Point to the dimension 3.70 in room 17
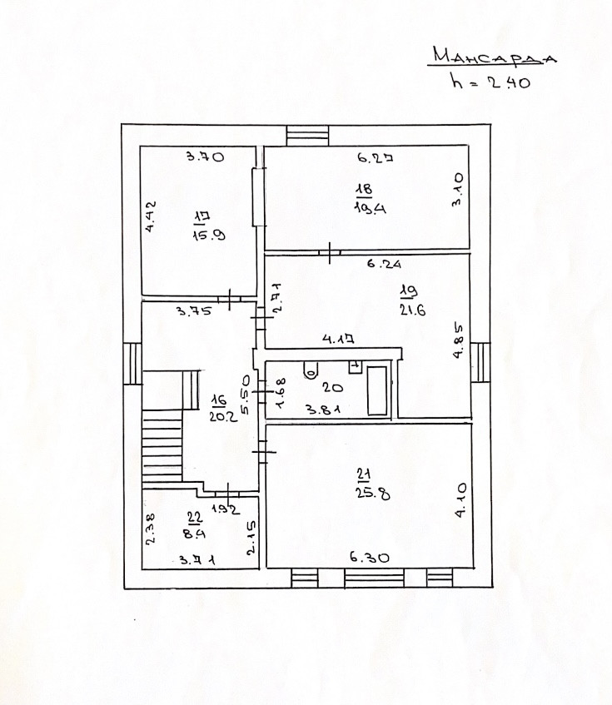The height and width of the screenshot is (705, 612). (x=205, y=156)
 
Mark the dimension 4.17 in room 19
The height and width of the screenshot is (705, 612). (x=342, y=340)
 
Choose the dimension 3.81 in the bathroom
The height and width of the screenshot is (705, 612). (x=320, y=409)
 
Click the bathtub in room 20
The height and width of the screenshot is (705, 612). (x=377, y=389)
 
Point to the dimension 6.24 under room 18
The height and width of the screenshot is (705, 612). (x=385, y=265)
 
